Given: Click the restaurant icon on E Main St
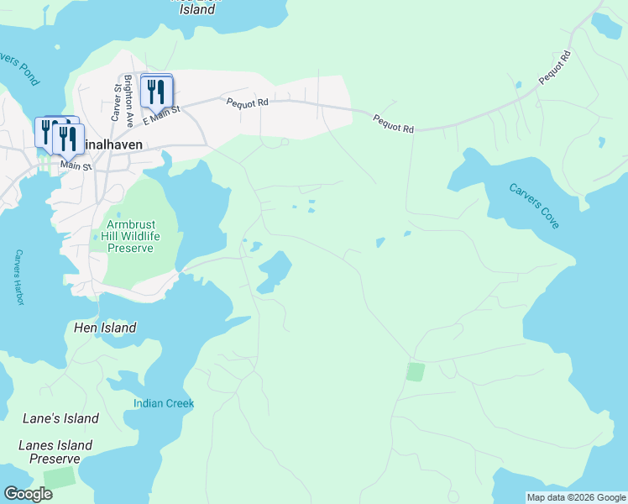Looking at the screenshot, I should (155, 91).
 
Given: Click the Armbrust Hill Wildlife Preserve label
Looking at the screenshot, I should (130, 236).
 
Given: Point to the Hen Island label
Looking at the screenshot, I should (105, 328).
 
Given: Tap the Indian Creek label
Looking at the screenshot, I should (164, 403).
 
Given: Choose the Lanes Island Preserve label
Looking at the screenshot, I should (55, 452).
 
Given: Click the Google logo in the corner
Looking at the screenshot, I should (28, 494).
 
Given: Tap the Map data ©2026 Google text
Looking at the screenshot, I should (576, 497).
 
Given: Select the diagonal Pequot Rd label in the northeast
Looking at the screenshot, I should (554, 67).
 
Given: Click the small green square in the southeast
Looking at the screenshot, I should (415, 371).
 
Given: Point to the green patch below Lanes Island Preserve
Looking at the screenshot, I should (59, 477).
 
